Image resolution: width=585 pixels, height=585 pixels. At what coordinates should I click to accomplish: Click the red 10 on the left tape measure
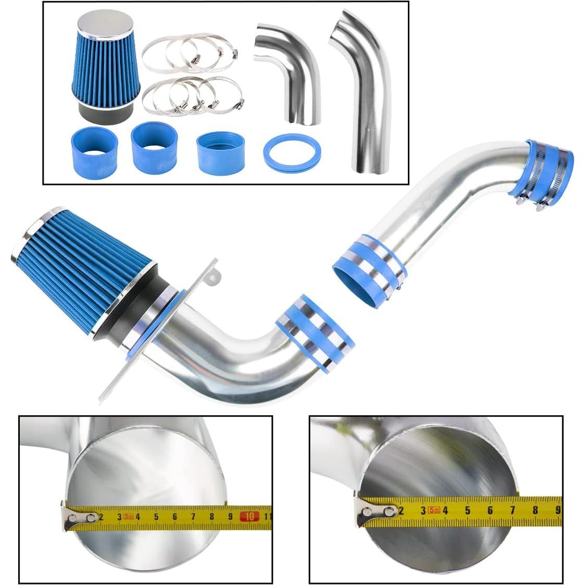(250, 516)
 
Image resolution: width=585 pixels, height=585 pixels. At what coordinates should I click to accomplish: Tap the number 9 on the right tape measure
(557, 510)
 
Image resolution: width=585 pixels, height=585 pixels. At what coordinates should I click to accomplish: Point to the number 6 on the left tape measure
(175, 517)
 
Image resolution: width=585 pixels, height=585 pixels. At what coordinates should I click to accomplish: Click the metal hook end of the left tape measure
(78, 518)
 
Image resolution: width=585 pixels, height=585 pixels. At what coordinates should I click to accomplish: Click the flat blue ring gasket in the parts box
(291, 153)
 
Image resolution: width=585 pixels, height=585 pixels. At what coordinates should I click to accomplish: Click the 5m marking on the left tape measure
(129, 516)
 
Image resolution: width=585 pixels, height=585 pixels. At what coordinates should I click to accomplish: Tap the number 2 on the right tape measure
(401, 511)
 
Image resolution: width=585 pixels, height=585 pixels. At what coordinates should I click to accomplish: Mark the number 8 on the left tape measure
(212, 517)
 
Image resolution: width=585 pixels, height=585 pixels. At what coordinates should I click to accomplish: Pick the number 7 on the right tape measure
(513, 510)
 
